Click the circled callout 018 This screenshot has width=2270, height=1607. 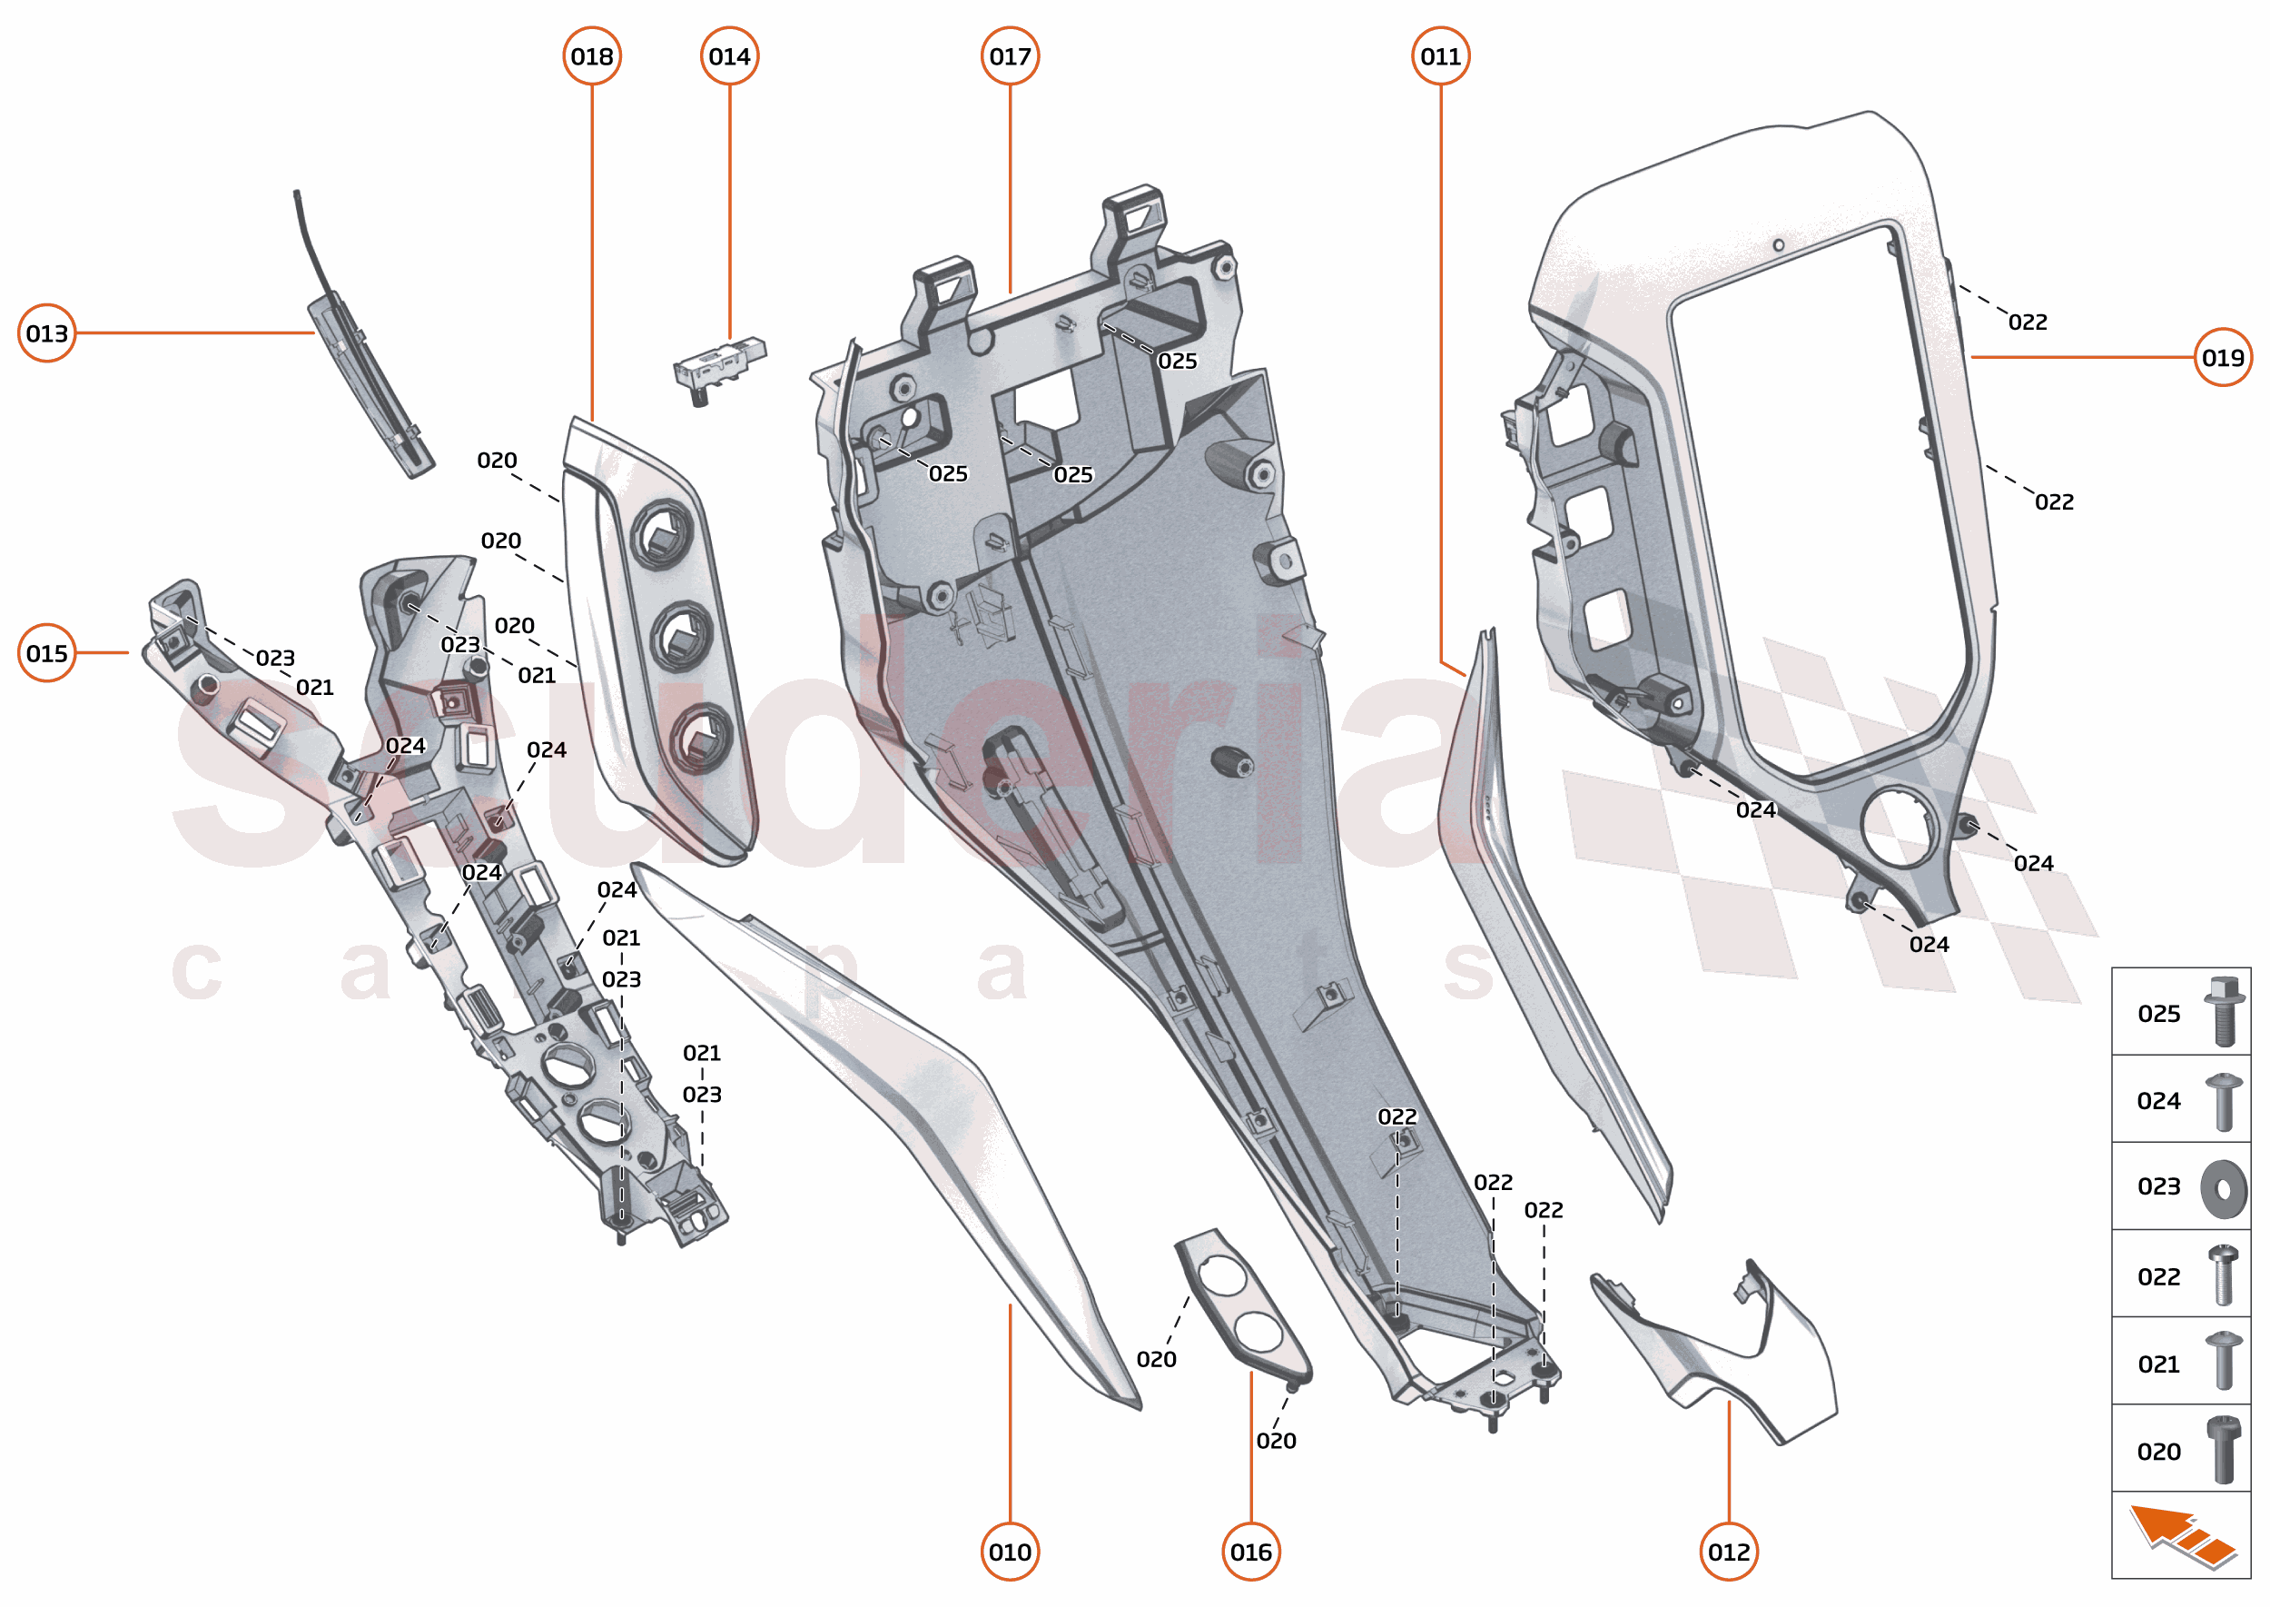point(591,56)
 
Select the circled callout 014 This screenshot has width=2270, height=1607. point(729,56)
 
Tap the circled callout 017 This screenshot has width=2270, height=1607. point(1010,56)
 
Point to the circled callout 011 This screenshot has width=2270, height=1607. point(1440,56)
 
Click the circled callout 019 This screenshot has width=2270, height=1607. point(2223,357)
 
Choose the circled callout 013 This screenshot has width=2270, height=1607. point(46,333)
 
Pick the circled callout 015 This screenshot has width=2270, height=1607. point(46,653)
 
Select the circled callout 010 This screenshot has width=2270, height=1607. point(1010,1552)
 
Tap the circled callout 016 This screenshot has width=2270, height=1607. point(1251,1552)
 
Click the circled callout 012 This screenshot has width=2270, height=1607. point(1729,1552)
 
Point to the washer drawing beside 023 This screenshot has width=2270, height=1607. point(2224,1187)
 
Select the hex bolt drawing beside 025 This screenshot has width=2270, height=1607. point(2224,1011)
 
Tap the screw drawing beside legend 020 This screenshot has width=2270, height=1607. point(2224,1450)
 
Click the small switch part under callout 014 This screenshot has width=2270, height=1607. point(718,366)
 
